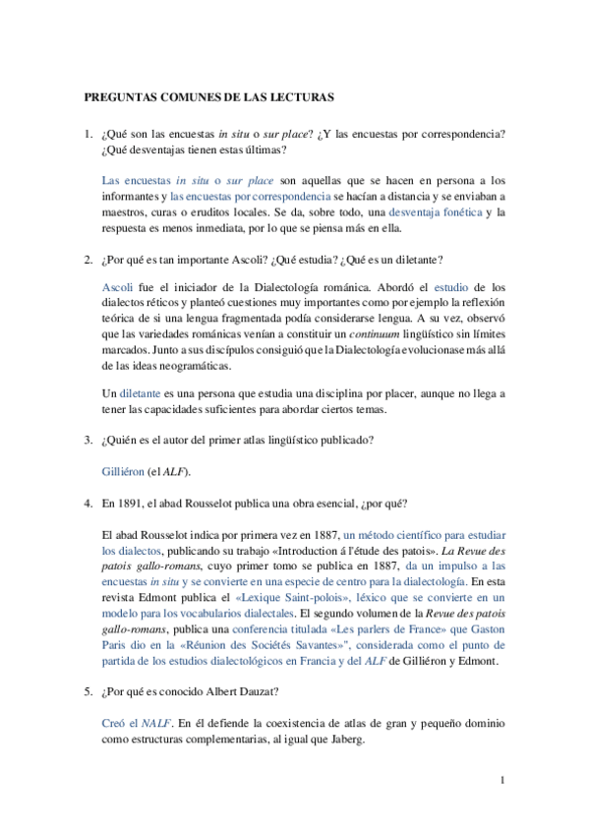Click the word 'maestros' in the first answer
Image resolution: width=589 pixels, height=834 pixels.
[x=125, y=211]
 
